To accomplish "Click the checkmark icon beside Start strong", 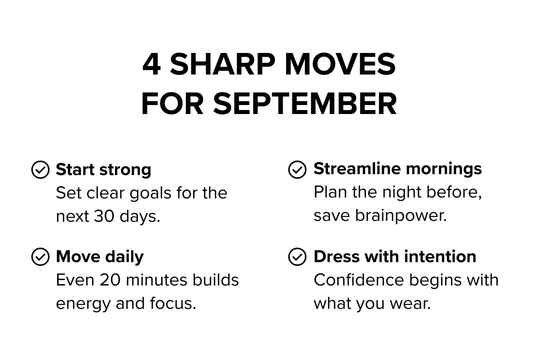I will tap(40, 170).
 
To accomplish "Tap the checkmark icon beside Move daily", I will tap(40, 257).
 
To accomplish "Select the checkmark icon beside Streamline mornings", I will tap(297, 170).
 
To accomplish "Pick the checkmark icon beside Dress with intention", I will tap(297, 257).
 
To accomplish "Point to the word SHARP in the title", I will tap(222, 65).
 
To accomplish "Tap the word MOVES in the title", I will tap(340, 65).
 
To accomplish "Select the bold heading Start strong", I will tap(103, 170).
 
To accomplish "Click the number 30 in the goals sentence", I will tap(104, 216).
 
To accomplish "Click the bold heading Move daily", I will tap(100, 257).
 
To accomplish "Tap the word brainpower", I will tap(401, 216).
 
